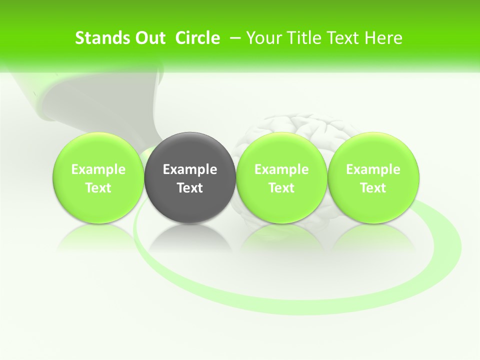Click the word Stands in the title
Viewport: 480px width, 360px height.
point(96,38)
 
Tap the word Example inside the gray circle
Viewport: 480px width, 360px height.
point(190,169)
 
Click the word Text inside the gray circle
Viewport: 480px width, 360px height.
point(190,188)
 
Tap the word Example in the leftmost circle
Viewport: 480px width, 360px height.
point(98,169)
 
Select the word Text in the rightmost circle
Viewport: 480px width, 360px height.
point(373,188)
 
